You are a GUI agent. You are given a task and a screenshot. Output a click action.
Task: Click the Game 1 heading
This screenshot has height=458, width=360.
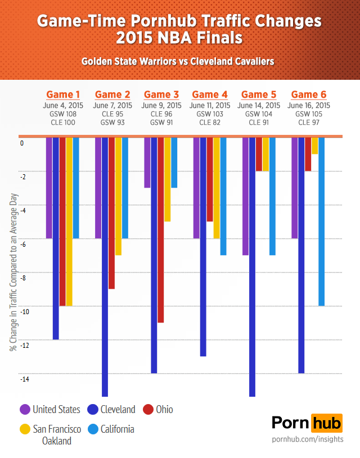(x=63, y=94)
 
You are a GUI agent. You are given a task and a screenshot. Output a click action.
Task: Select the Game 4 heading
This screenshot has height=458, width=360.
(x=210, y=94)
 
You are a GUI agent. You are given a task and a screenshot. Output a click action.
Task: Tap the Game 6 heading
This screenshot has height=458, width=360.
(x=309, y=94)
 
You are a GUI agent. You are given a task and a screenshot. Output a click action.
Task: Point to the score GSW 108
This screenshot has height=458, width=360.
(x=63, y=114)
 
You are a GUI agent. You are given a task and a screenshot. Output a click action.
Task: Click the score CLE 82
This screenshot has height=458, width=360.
(x=210, y=122)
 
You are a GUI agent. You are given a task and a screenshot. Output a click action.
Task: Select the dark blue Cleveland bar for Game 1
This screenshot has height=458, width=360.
(x=56, y=239)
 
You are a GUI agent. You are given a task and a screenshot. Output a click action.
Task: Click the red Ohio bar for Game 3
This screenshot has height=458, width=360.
(x=161, y=230)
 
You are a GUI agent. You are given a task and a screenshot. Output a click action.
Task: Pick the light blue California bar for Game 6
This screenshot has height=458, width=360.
(x=322, y=222)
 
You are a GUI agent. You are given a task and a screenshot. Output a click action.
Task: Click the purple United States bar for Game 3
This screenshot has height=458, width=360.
(x=147, y=163)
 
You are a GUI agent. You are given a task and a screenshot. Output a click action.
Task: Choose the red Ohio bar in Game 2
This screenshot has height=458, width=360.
(x=111, y=214)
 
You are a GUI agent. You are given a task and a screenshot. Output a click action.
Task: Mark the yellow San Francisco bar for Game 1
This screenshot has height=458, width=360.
(x=69, y=222)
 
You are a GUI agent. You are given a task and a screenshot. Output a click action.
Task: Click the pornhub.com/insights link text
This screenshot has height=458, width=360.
(x=307, y=438)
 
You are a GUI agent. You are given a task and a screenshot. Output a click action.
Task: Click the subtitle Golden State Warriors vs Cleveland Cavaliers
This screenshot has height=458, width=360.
(x=178, y=61)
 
